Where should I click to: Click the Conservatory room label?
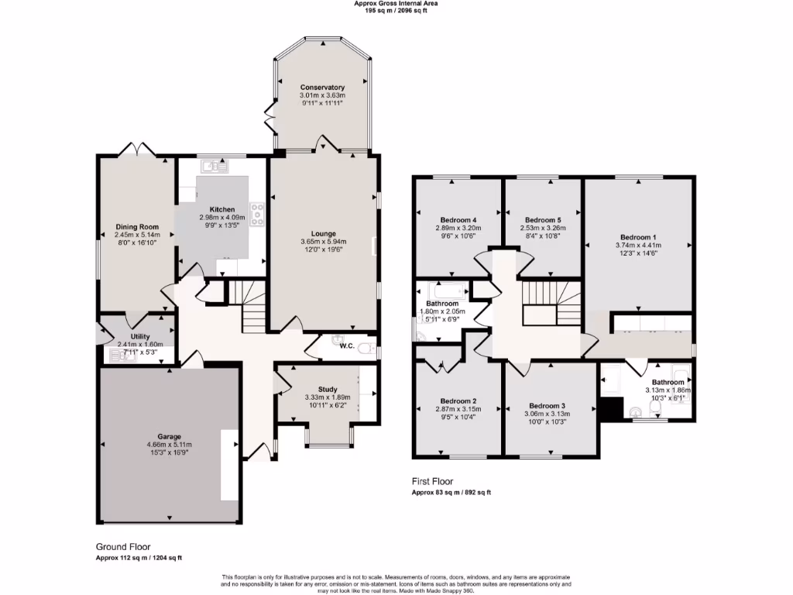[322, 88]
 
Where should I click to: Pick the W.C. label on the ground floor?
[345, 346]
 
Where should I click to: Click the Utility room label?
[140, 336]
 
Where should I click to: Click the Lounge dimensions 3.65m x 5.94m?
[323, 242]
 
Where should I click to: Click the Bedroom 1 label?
[638, 237]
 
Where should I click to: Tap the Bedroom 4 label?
[458, 219]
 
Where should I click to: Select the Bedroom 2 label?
[457, 401]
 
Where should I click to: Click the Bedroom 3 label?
[547, 405]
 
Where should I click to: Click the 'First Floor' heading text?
[432, 481]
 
